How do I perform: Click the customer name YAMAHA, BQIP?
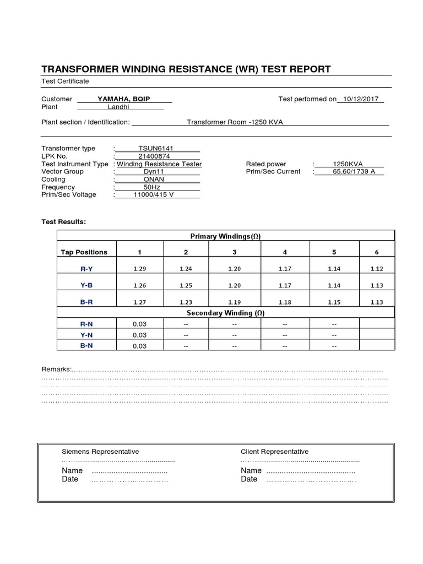tap(124, 99)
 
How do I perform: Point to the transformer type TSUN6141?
tap(155, 149)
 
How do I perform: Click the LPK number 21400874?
tap(155, 156)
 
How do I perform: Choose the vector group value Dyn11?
tap(155, 172)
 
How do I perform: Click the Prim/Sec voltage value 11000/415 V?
tap(154, 195)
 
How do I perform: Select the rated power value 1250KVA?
tap(348, 164)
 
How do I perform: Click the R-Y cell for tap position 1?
tap(139, 269)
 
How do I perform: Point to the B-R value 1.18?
tap(285, 302)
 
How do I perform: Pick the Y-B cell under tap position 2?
tap(186, 285)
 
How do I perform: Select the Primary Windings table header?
tap(225, 236)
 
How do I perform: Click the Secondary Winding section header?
tap(225, 313)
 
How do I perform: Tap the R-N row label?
tap(86, 324)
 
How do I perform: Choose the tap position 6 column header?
tap(377, 252)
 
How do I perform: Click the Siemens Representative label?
tap(100, 452)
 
